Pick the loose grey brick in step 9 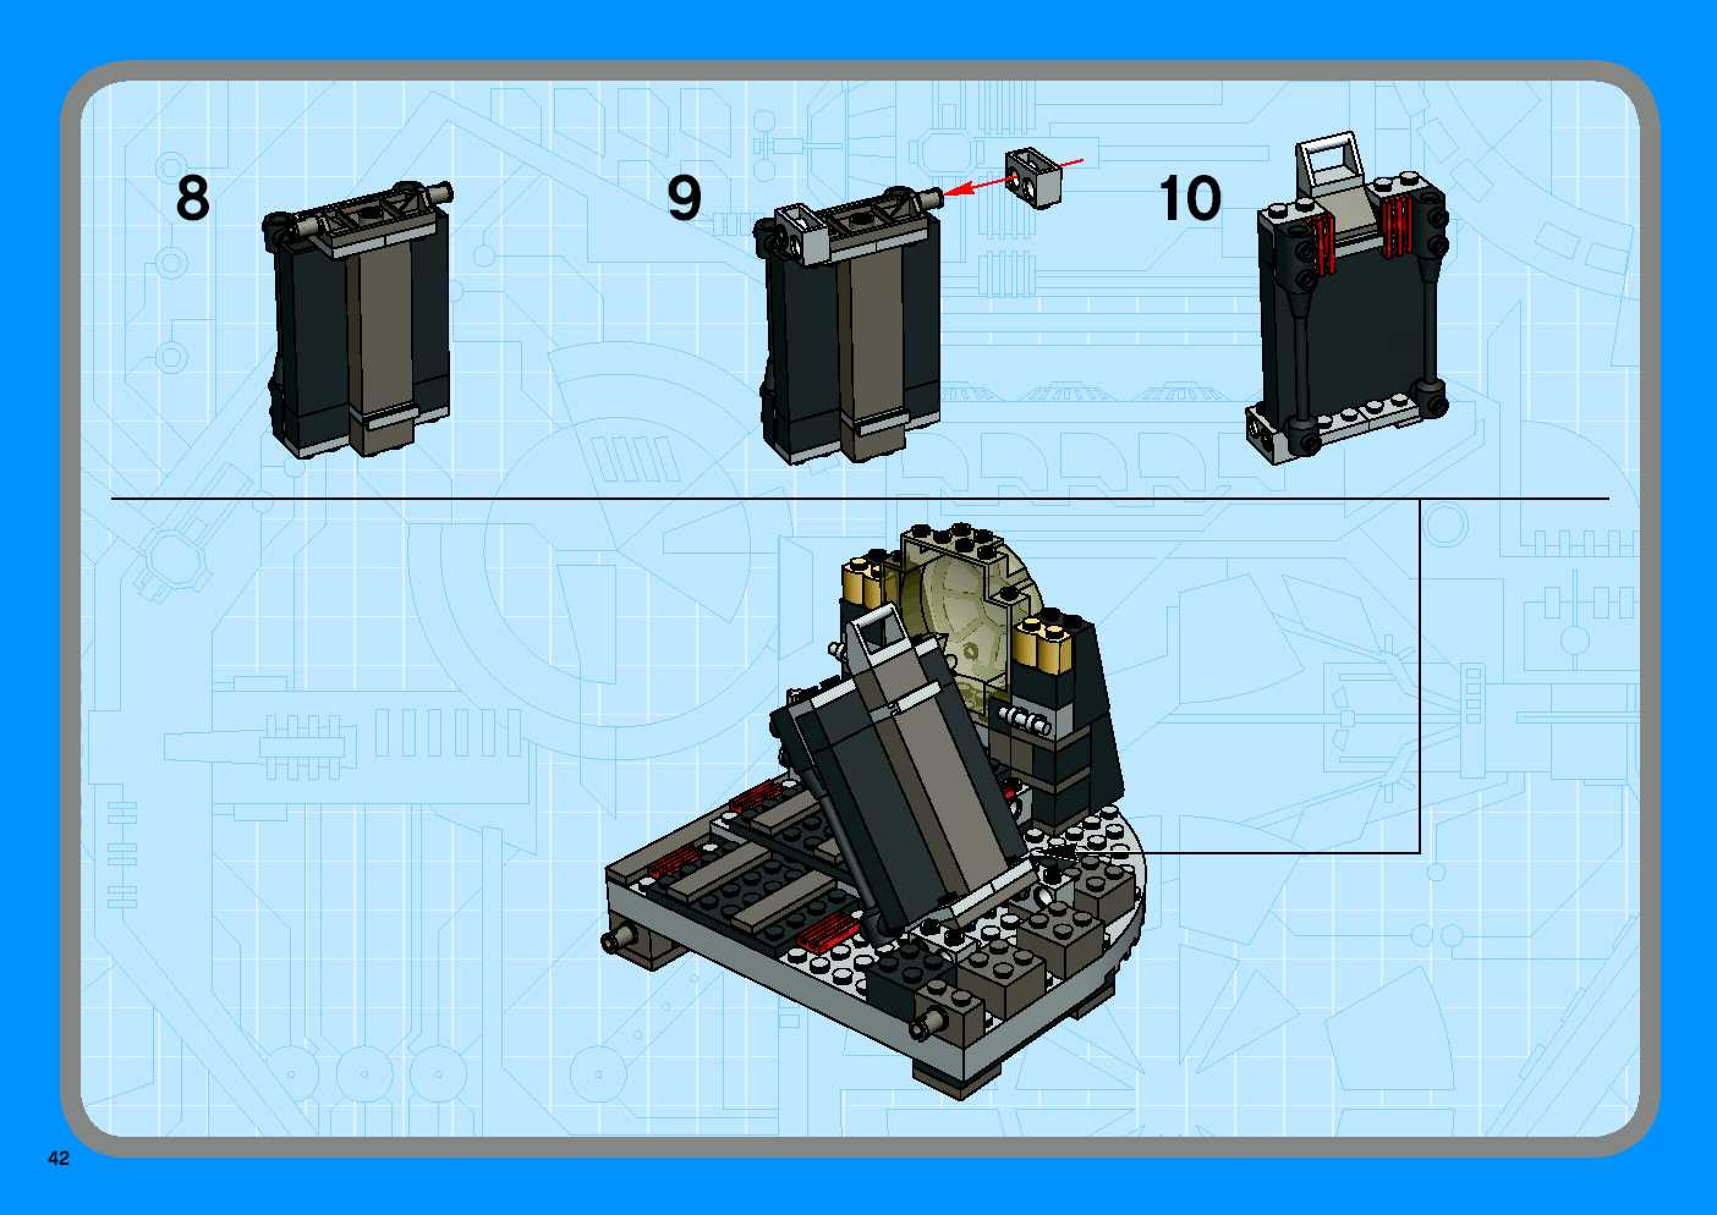tap(1033, 178)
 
